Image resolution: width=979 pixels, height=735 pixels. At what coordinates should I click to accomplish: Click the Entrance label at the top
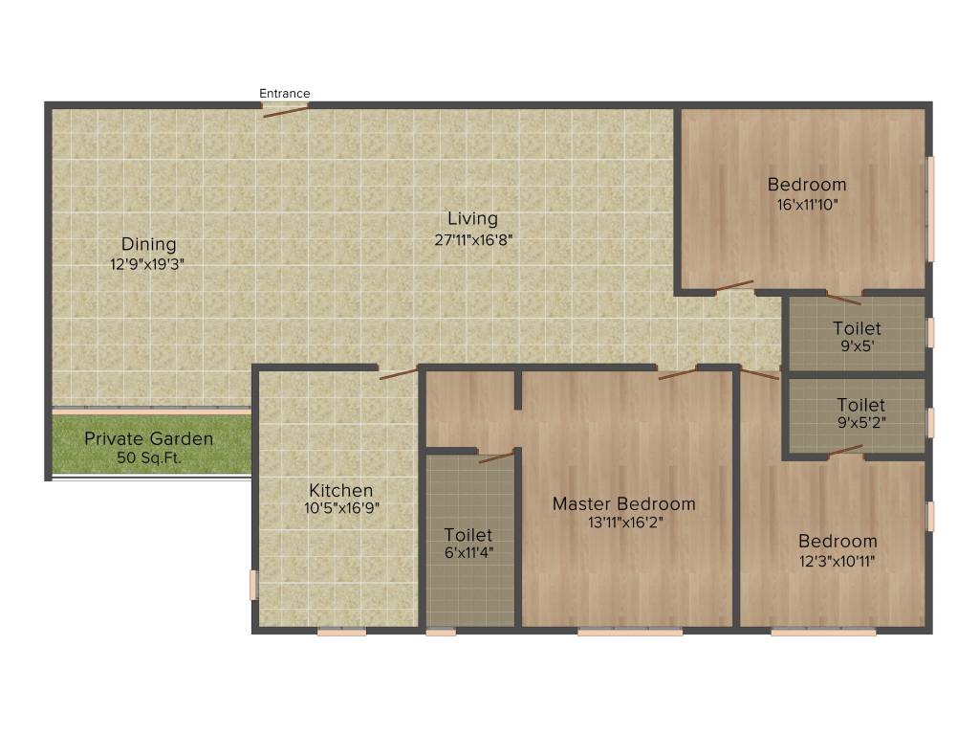285,94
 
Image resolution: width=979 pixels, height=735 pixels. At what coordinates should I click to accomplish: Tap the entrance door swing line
286,111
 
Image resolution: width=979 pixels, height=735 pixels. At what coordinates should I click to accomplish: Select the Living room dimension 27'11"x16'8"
474,241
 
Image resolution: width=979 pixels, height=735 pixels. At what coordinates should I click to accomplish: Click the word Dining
148,245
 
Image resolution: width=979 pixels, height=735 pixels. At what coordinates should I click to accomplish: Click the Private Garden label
148,439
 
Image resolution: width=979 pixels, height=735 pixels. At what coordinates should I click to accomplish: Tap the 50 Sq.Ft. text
148,458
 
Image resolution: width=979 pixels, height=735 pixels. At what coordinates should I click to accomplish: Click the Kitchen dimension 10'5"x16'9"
341,509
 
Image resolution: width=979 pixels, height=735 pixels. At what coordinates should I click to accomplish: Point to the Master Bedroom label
624,503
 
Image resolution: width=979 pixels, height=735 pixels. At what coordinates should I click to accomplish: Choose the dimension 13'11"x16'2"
624,523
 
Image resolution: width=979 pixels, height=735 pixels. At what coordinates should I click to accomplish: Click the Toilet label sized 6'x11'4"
468,535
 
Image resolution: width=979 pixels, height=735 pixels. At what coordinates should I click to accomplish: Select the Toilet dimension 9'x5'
857,347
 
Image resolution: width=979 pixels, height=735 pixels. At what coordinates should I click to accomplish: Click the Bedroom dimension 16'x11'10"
808,204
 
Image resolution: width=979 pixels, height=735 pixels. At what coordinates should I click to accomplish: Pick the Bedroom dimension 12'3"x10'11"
838,561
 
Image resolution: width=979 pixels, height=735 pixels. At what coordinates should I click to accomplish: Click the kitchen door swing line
398,373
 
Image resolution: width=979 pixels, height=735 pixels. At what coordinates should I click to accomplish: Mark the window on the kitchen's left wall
253,585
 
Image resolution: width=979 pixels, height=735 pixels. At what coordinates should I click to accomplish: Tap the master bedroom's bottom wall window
630,632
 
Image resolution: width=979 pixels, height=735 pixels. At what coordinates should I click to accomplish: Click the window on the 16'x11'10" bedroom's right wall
930,207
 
